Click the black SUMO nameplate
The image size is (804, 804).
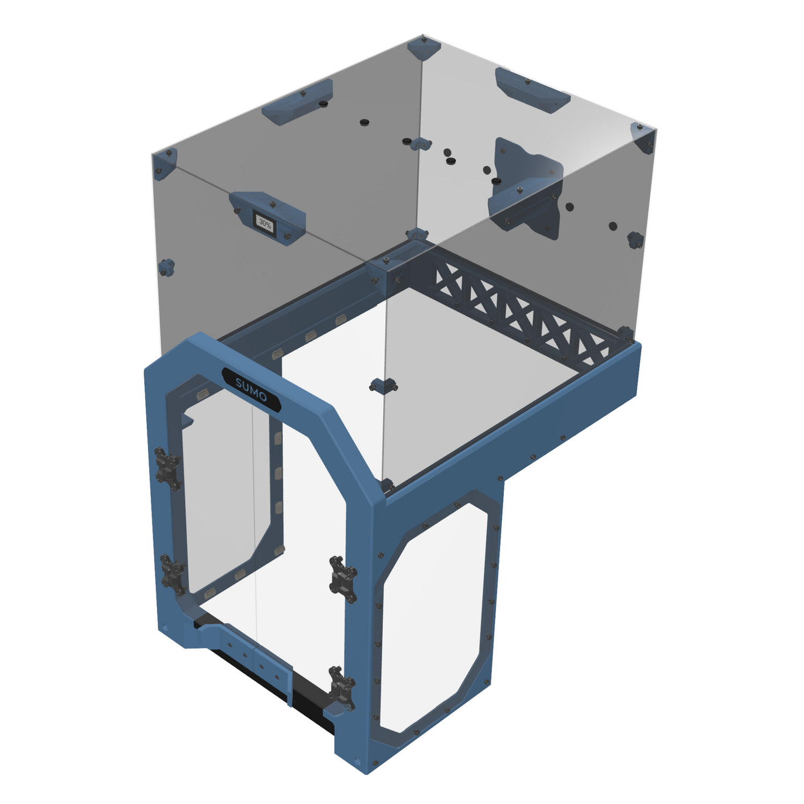click(251, 389)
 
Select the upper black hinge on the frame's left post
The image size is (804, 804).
click(167, 468)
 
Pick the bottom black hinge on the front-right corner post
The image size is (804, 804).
click(342, 688)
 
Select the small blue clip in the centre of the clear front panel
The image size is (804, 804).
click(383, 385)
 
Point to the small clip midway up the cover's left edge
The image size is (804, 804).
click(167, 266)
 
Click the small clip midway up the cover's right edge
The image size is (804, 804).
click(635, 240)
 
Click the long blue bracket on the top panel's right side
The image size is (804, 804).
click(532, 90)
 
